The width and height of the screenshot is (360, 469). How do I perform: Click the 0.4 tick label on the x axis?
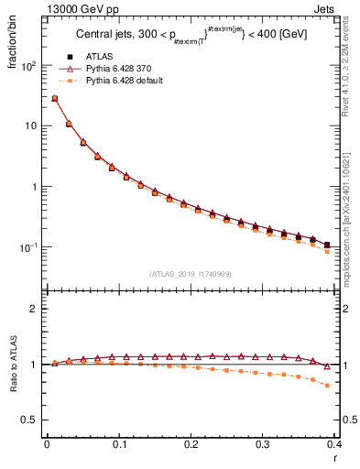coord(335,442)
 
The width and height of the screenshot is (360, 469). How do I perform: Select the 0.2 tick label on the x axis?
coord(191,442)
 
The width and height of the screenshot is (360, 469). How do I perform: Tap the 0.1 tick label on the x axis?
coord(118,442)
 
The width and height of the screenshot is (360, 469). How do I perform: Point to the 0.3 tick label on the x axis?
coord(263,442)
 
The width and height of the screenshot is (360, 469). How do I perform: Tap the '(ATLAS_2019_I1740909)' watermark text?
coord(190,274)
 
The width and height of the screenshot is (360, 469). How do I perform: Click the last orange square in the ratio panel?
coord(328,386)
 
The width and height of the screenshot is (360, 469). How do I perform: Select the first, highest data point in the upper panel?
coord(54,98)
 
